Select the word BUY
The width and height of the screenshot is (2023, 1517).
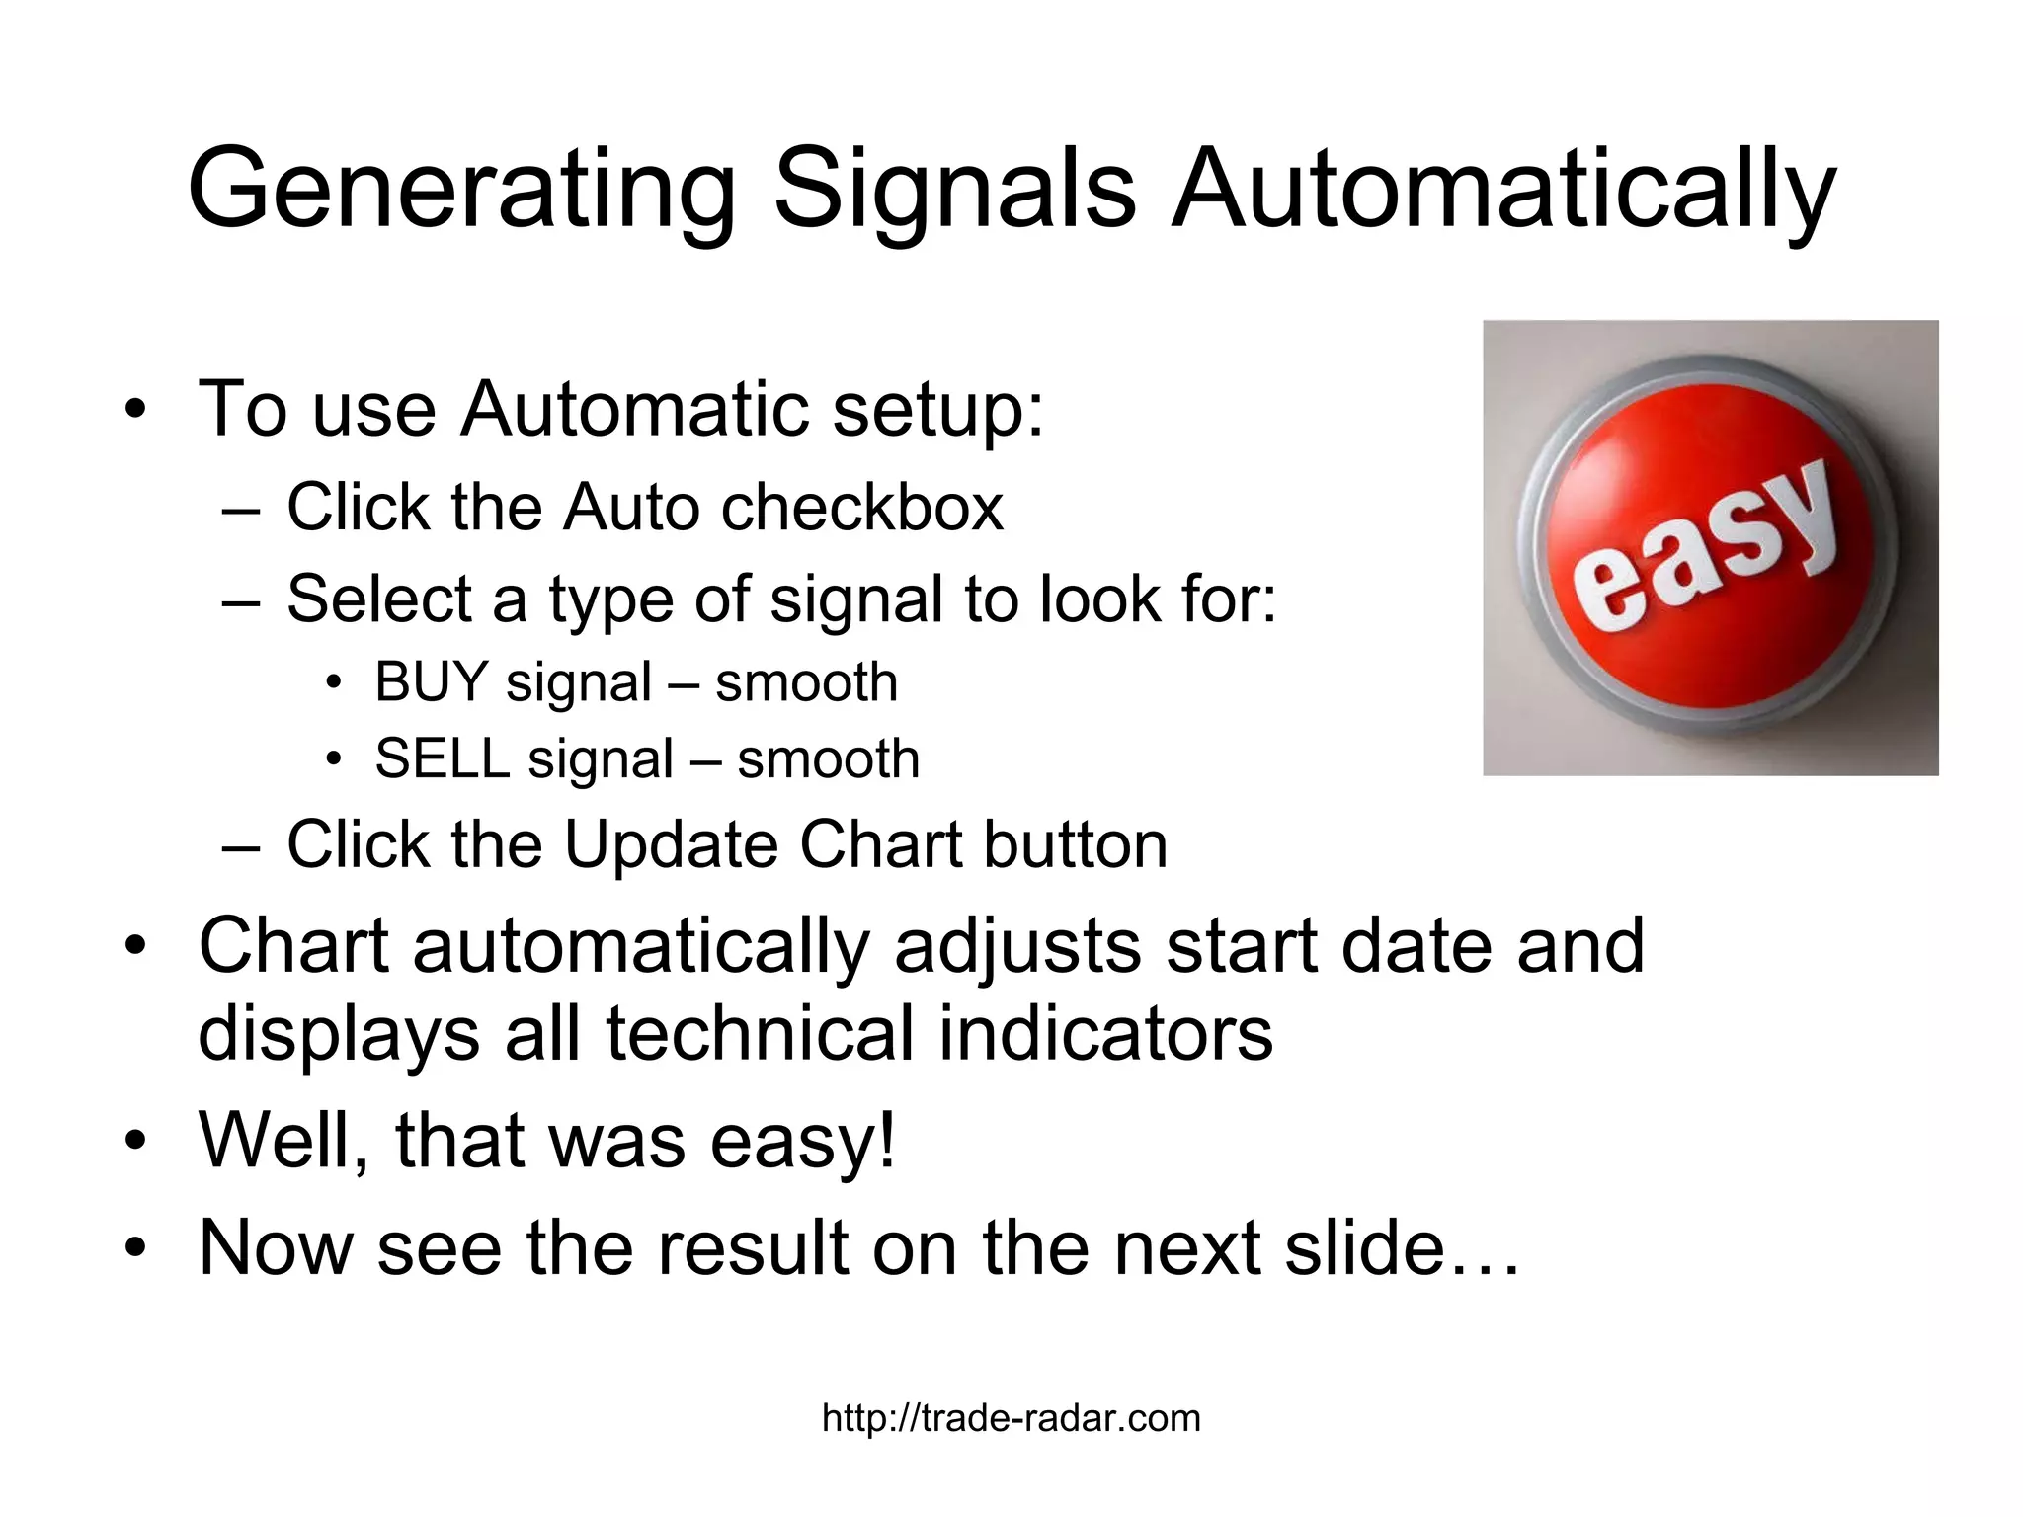431,682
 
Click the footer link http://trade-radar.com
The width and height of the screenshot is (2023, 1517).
1011,1418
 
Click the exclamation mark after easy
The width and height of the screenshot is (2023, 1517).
886,1141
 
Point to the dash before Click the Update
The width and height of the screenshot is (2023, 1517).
241,847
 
